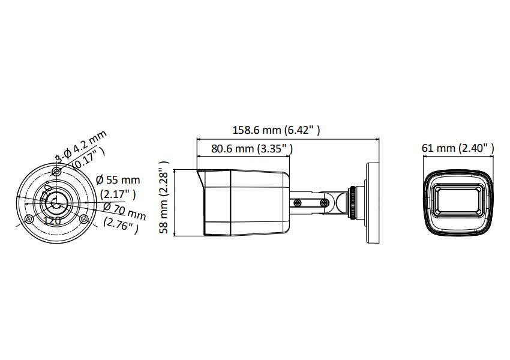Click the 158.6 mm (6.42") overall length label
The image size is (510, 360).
276,130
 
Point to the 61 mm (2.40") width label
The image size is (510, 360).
458,148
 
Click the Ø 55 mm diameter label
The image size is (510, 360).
118,179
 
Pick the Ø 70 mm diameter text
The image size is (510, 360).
125,211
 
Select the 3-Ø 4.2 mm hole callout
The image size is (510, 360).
80,146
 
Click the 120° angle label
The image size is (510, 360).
52,221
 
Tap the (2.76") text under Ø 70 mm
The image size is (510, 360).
121,226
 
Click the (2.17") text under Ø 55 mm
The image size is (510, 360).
118,194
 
